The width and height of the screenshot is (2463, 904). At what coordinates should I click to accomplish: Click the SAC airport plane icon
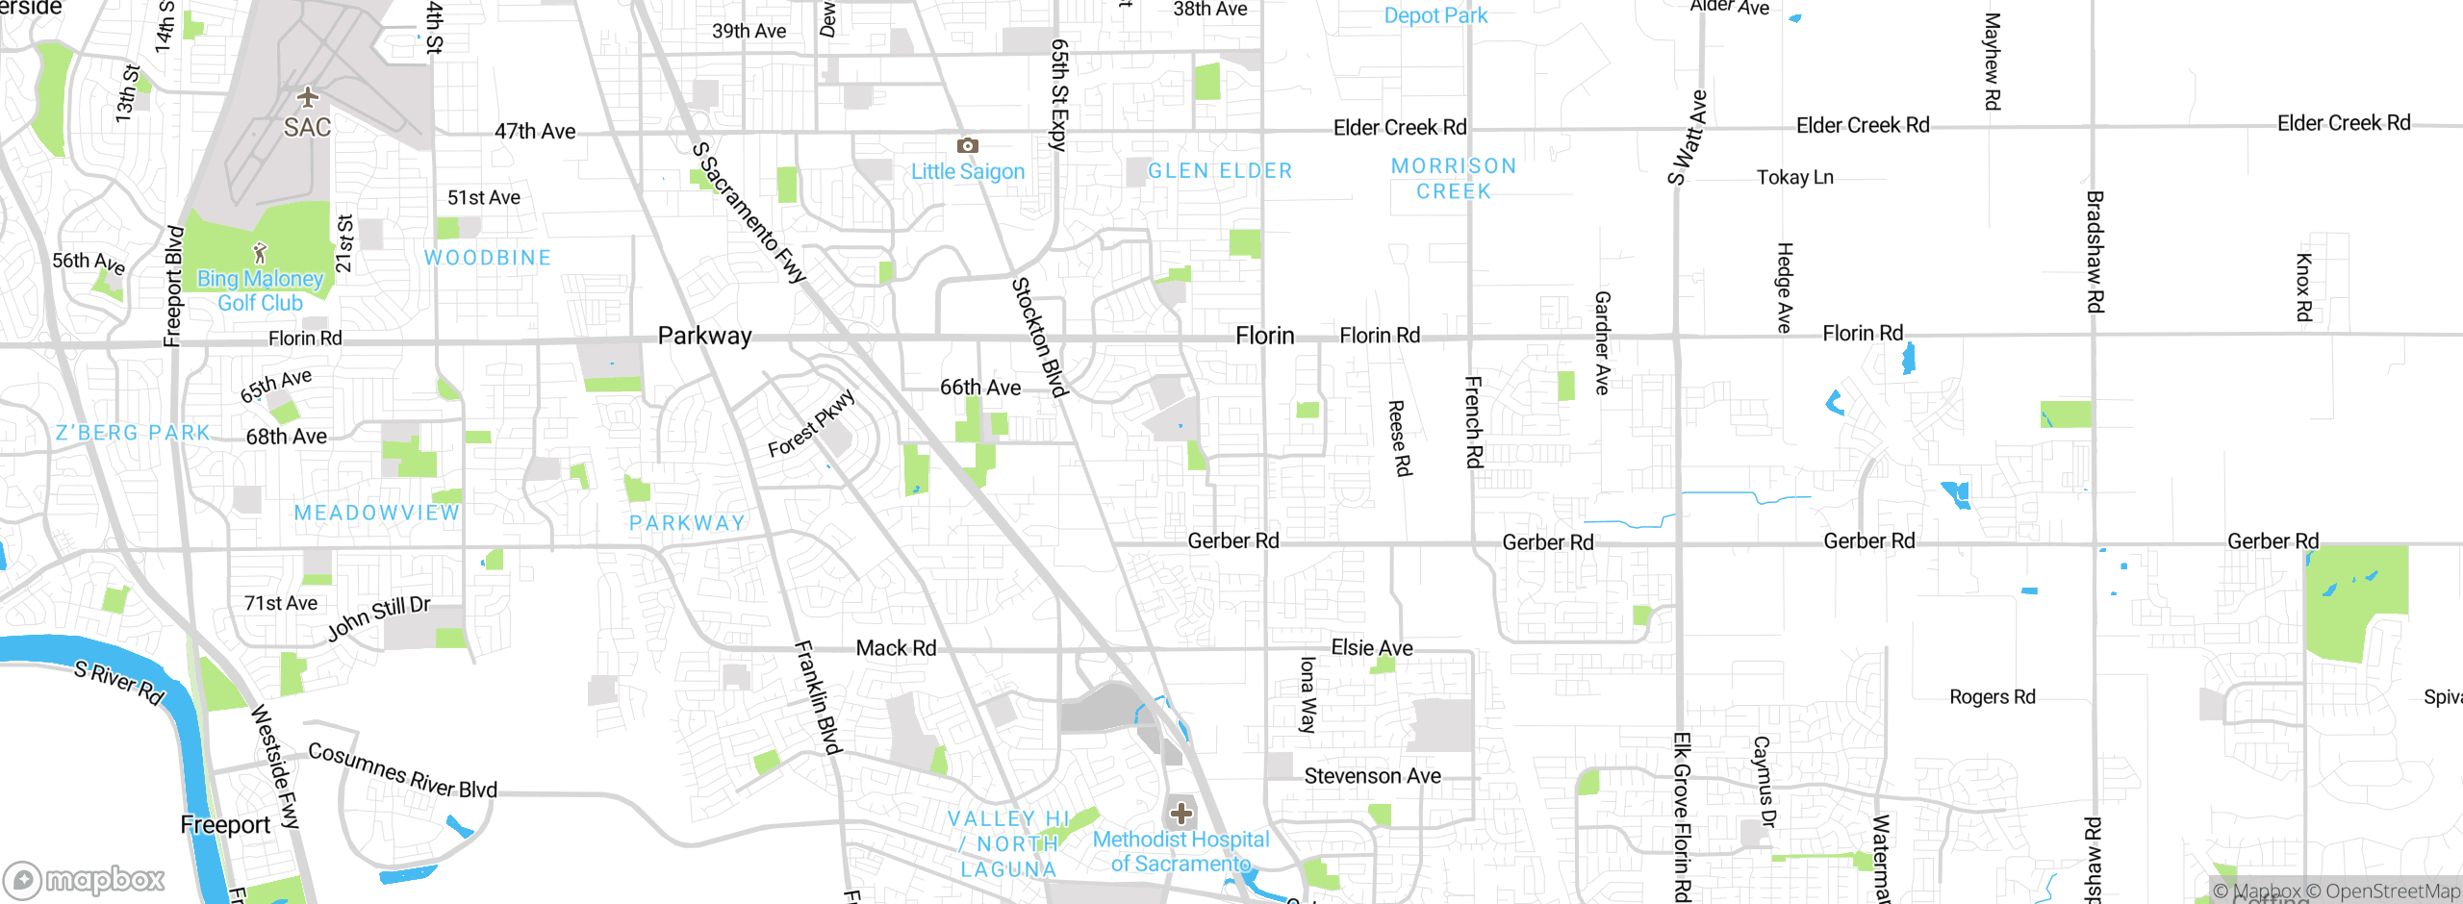pyautogui.click(x=307, y=97)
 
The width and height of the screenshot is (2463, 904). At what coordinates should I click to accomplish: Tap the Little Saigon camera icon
pyautogui.click(x=967, y=145)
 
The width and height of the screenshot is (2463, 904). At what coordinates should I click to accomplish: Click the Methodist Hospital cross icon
pyautogui.click(x=1181, y=814)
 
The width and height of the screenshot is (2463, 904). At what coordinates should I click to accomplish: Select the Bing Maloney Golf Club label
pyautogui.click(x=260, y=290)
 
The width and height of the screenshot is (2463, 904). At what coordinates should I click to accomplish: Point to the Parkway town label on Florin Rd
pyautogui.click(x=704, y=336)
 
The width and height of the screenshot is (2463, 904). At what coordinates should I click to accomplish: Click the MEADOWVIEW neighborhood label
pyautogui.click(x=377, y=513)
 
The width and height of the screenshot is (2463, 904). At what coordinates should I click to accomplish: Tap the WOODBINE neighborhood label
pyautogui.click(x=488, y=258)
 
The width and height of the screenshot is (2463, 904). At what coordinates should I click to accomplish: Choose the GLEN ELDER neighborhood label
pyautogui.click(x=1220, y=171)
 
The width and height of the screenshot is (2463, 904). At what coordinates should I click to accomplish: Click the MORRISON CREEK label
pyautogui.click(x=1454, y=179)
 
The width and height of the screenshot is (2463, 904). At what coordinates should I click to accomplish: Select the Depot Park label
pyautogui.click(x=1435, y=15)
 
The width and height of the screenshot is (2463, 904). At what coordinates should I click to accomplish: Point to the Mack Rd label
pyautogui.click(x=896, y=648)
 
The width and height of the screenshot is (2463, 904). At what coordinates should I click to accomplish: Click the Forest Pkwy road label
pyautogui.click(x=811, y=423)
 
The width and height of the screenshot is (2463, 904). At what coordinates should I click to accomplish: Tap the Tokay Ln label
pyautogui.click(x=1794, y=177)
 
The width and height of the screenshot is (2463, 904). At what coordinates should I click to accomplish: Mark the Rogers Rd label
pyautogui.click(x=1992, y=696)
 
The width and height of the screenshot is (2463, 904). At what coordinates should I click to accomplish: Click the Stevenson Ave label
pyautogui.click(x=1372, y=776)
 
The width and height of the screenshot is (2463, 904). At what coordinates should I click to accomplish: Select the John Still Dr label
pyautogui.click(x=378, y=617)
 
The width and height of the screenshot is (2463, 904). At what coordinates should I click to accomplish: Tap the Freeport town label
pyautogui.click(x=225, y=825)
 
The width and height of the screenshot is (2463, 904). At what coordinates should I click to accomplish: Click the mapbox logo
pyautogui.click(x=85, y=879)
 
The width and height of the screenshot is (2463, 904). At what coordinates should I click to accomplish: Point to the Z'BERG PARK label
pyautogui.click(x=133, y=433)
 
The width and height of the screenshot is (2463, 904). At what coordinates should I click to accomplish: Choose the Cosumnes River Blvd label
pyautogui.click(x=402, y=771)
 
